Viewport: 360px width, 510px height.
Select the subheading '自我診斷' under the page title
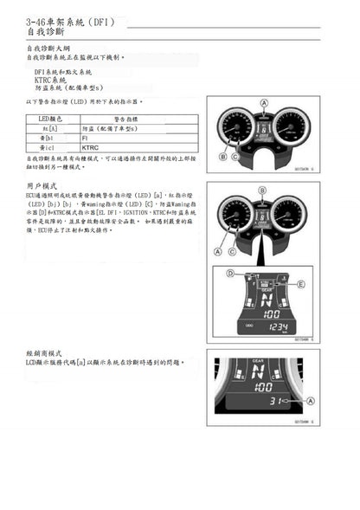pos(44,31)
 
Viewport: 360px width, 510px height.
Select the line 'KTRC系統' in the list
pos(50,79)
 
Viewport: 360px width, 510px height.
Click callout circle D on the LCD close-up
pos(230,274)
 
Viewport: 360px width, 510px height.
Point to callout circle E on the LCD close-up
pos(301,283)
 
